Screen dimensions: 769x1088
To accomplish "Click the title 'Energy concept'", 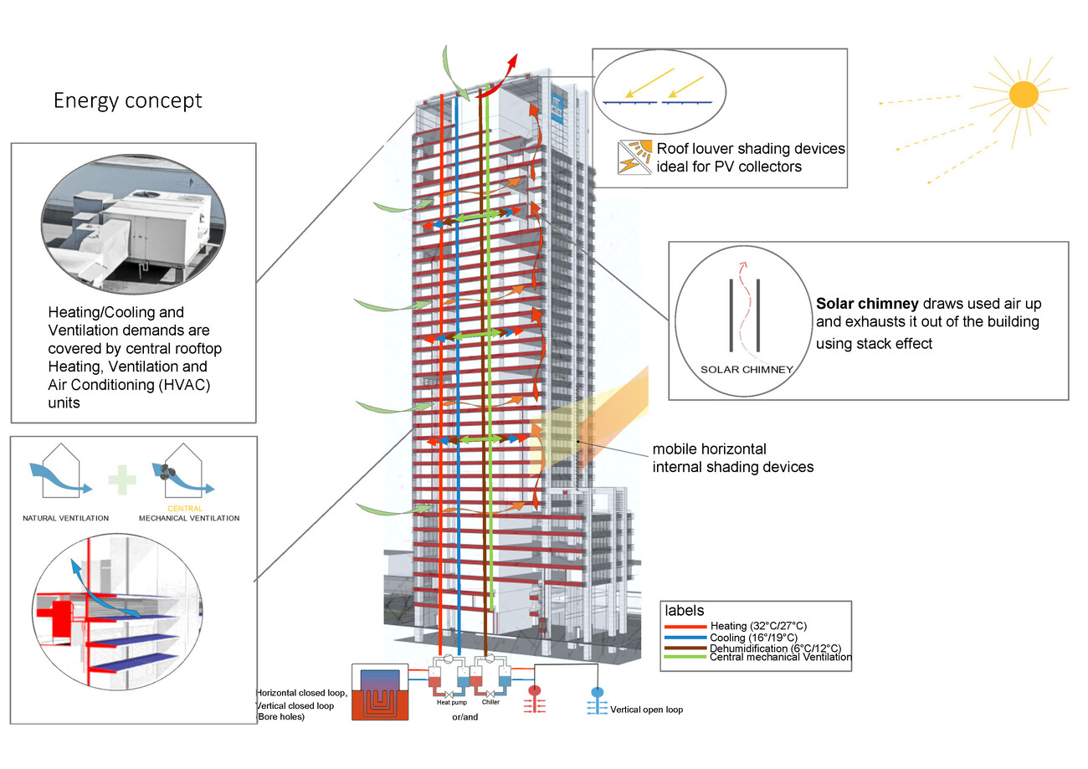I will [x=128, y=100].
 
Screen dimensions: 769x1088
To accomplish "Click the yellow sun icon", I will [x=1023, y=94].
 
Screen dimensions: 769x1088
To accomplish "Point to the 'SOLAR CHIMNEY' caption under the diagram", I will [x=744, y=368].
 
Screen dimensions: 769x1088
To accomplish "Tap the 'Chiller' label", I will [x=490, y=703].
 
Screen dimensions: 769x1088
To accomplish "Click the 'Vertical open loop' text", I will [x=646, y=710].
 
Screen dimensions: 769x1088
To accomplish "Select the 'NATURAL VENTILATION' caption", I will [x=65, y=519].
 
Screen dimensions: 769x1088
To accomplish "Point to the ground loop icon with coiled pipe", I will [x=382, y=694].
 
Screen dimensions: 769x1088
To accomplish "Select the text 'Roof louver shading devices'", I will [x=751, y=149].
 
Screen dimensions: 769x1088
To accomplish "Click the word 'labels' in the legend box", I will [x=683, y=611].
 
